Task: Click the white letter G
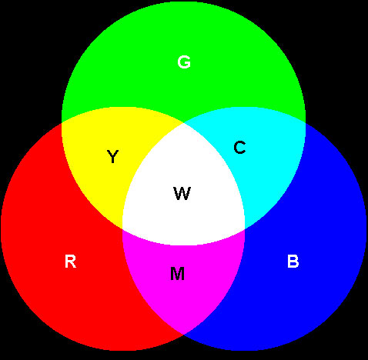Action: (x=184, y=62)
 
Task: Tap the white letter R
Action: (x=70, y=261)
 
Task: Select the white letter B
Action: (x=293, y=261)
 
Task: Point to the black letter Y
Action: (x=112, y=156)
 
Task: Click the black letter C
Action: (x=239, y=148)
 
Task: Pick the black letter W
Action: (x=182, y=193)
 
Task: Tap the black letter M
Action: (x=177, y=274)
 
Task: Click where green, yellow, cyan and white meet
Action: (x=183, y=123)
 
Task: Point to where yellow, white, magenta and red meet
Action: (x=122, y=229)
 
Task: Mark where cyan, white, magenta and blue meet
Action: (x=245, y=229)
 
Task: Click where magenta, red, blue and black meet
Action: (x=183, y=335)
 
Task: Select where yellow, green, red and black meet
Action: (x=62, y=122)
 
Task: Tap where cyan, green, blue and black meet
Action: (x=306, y=122)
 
